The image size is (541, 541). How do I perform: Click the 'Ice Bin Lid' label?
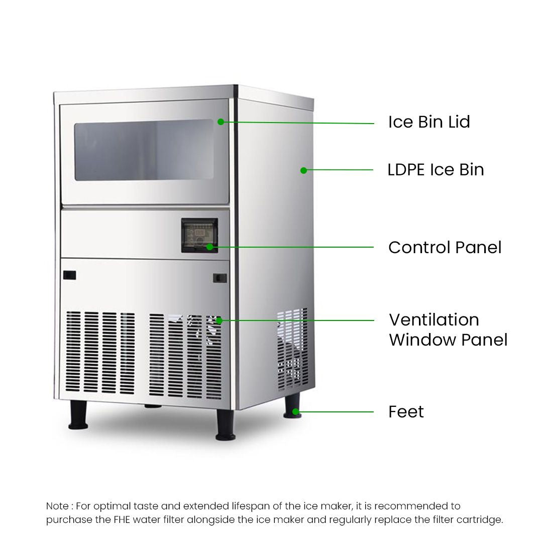pos(429,122)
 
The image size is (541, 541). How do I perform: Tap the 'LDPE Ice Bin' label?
pos(436,170)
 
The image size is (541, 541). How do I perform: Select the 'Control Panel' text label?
pos(445,247)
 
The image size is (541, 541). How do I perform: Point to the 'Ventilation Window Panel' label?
pos(448,330)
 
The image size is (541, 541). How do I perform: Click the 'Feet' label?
pos(406,411)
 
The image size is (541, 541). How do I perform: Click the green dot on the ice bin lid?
pos(221,122)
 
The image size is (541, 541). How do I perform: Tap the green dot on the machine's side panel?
pos(303,170)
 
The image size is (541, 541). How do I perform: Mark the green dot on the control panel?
pos(209,247)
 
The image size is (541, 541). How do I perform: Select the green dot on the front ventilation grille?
pos(219,321)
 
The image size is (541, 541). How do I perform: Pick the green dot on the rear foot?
pos(296,411)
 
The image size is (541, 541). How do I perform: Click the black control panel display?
pos(199,235)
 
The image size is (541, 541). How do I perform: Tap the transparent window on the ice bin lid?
pos(144,150)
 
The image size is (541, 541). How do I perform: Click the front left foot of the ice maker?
pos(78,415)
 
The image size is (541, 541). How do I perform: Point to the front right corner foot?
pos(226,425)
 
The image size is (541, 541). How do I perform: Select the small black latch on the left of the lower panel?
pos(69,275)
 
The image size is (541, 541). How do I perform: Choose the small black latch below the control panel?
pos(220,278)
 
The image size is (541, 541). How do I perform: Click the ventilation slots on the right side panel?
pos(292,349)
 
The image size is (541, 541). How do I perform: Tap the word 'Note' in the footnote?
pos(57,506)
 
